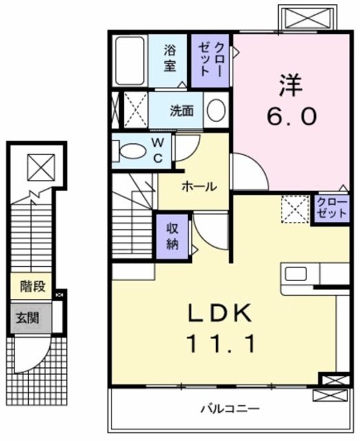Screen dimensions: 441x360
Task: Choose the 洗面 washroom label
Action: coord(182,110)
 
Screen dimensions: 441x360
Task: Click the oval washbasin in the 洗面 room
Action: coord(216,110)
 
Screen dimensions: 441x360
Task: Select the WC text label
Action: coord(158,151)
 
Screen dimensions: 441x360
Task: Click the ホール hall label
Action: coord(200,186)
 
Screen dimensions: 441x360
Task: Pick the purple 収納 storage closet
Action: coord(172,235)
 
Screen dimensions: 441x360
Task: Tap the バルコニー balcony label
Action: coord(230,409)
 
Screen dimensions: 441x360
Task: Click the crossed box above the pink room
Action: coord(304,17)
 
